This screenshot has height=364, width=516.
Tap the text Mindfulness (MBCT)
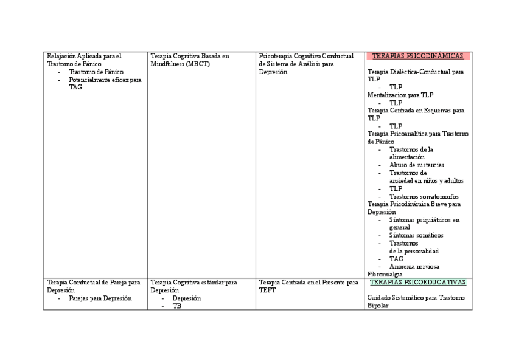[180, 64]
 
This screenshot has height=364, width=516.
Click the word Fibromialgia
[385, 274]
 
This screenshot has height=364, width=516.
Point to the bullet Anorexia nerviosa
[414, 266]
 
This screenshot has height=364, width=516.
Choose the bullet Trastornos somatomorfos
[424, 196]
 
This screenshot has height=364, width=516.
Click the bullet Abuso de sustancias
[416, 165]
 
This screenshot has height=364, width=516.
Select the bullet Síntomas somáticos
[416, 235]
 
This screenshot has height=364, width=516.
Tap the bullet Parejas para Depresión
[100, 298]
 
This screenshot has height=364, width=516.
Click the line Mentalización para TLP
[400, 95]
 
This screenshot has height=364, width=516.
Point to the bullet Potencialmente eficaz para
[105, 80]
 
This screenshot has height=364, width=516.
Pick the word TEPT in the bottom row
[267, 290]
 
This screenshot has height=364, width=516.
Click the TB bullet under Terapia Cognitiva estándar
[176, 306]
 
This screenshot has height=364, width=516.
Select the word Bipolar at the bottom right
[378, 306]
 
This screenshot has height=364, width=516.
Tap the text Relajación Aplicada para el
[84, 56]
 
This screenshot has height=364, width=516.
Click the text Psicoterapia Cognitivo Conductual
[305, 56]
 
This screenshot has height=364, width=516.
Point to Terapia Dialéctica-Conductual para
[415, 72]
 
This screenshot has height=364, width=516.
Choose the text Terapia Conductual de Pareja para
[93, 283]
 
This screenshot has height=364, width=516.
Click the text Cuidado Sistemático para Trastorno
[416, 298]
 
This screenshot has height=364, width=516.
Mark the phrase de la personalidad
[414, 251]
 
